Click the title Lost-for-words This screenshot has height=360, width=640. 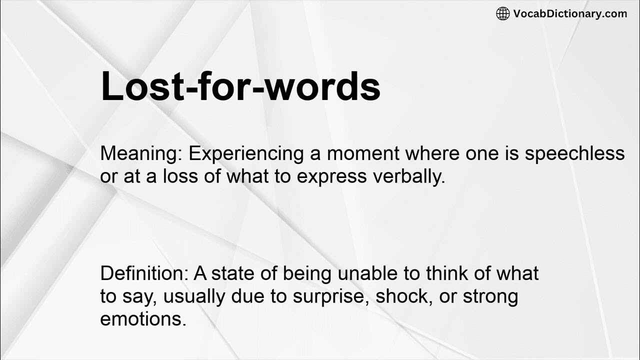240,86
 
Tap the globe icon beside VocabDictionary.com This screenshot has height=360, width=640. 502,13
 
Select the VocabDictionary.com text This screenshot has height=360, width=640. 569,13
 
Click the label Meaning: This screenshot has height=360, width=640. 141,154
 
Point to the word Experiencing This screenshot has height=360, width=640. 246,154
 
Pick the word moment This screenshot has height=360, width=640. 363,154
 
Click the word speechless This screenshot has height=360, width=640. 574,154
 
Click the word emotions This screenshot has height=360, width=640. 143,319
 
